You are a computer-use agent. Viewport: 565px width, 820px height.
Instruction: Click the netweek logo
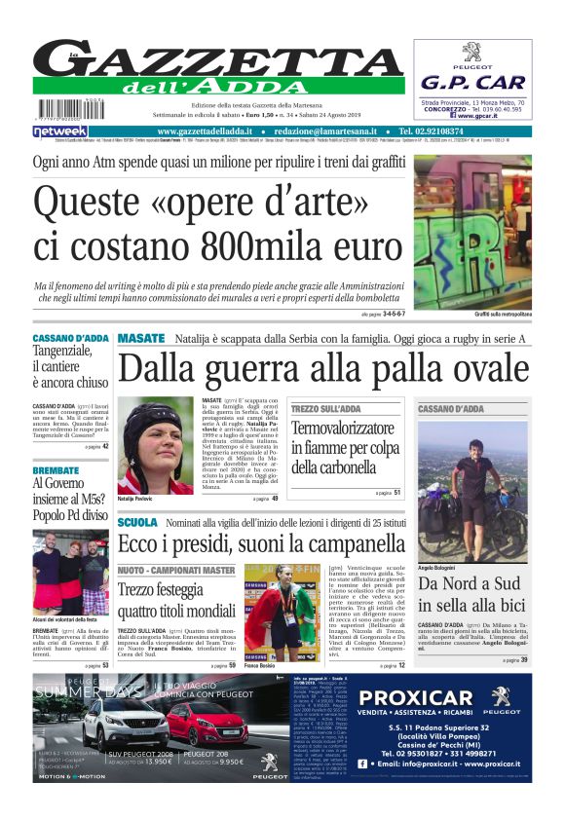(x=59, y=130)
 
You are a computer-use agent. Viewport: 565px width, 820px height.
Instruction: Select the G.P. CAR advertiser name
(x=471, y=83)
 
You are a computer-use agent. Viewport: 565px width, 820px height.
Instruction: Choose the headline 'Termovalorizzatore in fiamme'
(x=345, y=447)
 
